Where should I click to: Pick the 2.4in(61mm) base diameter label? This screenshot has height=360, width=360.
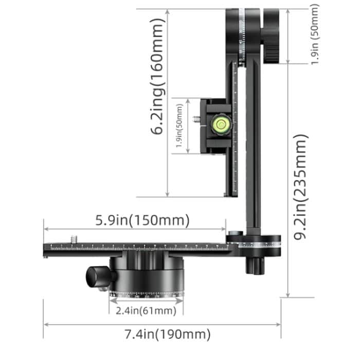point(146,311)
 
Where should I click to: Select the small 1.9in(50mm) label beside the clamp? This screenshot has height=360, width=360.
point(179,126)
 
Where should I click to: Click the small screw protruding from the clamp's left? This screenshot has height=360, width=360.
point(196,119)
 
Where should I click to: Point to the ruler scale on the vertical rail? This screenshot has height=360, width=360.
point(235,129)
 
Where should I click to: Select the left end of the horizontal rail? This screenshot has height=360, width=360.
point(47,249)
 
